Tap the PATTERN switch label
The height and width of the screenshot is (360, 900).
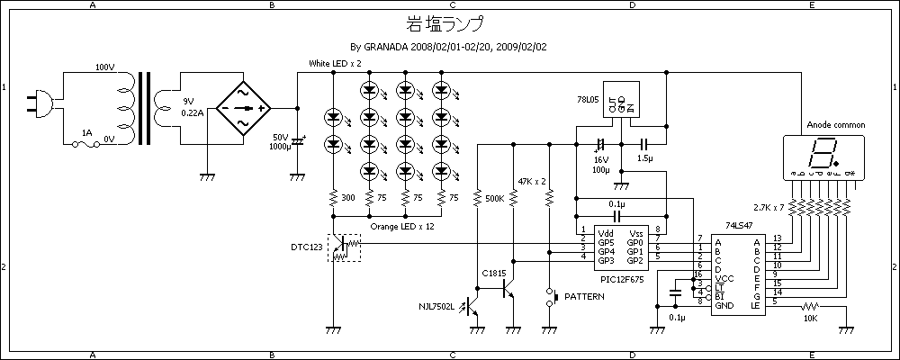click(x=585, y=296)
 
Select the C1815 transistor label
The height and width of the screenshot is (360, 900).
click(x=494, y=273)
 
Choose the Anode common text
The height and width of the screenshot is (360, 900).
click(x=836, y=125)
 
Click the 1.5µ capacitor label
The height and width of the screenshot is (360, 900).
click(x=644, y=157)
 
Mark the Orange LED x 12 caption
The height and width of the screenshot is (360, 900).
click(x=402, y=227)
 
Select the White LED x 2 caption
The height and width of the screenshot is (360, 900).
click(x=335, y=64)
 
